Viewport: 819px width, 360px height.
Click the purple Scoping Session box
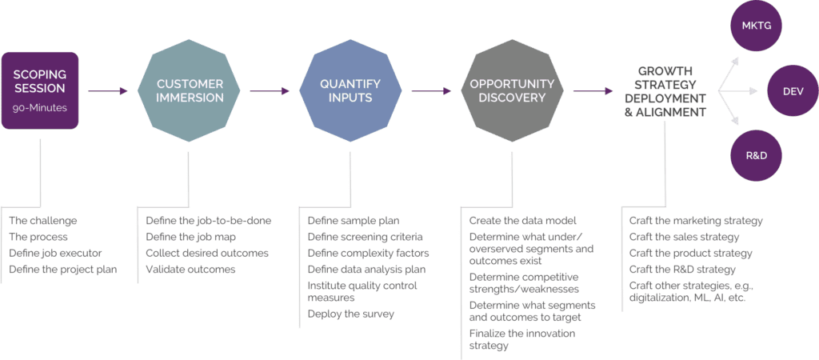point(40,90)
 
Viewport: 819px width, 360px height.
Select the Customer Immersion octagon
point(190,91)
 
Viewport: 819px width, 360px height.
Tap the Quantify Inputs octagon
point(350,91)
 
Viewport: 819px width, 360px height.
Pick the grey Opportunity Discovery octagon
point(512,91)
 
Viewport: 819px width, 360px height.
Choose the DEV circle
point(791,92)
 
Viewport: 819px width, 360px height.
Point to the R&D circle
point(756,155)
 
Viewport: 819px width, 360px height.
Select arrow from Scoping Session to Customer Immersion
point(108,91)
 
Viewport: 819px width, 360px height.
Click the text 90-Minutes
point(39,106)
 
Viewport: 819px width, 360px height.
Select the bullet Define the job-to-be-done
point(208,220)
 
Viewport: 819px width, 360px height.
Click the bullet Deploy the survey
point(351,314)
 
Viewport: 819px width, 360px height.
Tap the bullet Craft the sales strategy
point(685,237)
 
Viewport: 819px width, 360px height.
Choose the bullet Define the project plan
point(63,269)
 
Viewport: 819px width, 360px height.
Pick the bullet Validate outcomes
point(190,269)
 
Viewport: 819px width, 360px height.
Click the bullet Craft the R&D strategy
point(682,269)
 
